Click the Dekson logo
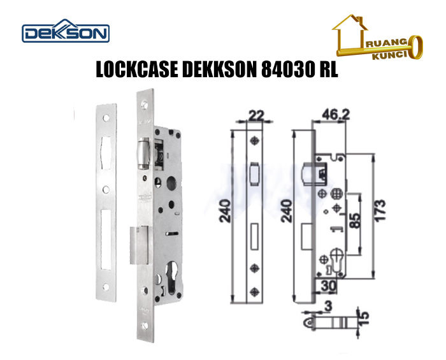click(66, 32)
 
